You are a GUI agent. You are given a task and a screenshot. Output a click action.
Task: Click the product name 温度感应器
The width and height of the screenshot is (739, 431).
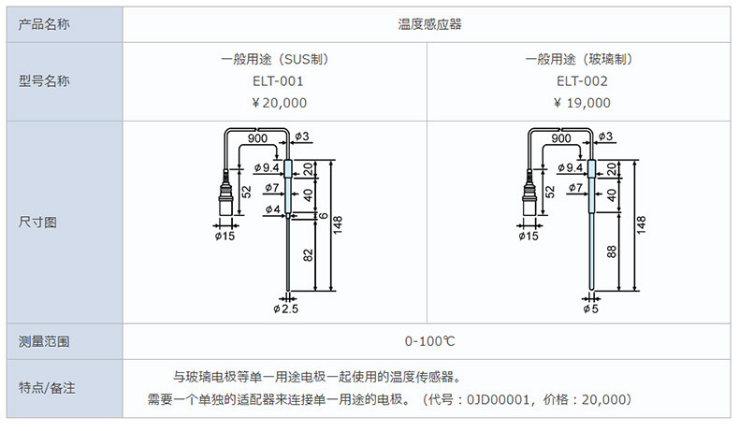tap(429, 23)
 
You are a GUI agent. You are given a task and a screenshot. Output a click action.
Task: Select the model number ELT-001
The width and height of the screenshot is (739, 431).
tap(272, 81)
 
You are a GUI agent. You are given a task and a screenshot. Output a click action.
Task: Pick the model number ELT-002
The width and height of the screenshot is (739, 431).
tap(581, 81)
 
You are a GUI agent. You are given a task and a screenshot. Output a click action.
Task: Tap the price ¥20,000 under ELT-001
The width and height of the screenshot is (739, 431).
tap(272, 103)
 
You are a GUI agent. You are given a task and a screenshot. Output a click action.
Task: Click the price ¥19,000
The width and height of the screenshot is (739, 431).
tap(581, 103)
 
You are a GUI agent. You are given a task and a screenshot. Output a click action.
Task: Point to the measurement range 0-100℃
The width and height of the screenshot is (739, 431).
tap(429, 342)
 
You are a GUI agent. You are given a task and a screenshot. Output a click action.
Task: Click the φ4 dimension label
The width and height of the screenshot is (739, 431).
tap(271, 208)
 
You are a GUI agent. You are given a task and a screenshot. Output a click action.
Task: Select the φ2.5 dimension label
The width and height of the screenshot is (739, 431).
tap(285, 308)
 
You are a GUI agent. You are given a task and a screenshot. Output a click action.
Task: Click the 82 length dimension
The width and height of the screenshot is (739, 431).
tap(307, 253)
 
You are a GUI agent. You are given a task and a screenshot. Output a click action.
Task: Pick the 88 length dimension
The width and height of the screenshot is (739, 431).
tap(612, 251)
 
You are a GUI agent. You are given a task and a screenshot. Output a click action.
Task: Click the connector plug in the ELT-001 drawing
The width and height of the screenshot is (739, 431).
tap(225, 200)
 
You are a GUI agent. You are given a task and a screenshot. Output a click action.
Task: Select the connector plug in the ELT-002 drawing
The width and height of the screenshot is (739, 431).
tap(529, 200)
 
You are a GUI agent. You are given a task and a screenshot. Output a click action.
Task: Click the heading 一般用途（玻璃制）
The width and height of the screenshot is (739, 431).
tap(581, 59)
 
